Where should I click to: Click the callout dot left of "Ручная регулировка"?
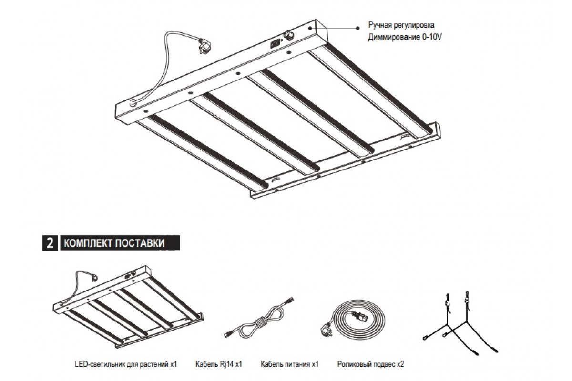[357, 28]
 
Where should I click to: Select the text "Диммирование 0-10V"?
[405, 37]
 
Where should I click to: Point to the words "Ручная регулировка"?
[401, 25]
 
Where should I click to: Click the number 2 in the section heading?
[50, 243]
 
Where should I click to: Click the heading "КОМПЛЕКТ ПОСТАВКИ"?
[114, 243]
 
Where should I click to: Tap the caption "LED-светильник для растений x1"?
[126, 364]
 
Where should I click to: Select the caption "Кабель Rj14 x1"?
[219, 364]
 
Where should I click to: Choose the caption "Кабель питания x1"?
[290, 364]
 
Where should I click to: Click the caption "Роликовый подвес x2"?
[371, 364]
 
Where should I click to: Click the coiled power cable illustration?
[353, 319]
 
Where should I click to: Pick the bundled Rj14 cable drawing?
[259, 319]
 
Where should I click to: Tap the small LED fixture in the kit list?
[128, 306]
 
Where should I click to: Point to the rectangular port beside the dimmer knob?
[275, 44]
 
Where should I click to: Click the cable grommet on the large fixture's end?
[133, 103]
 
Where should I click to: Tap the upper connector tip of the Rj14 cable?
[291, 299]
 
